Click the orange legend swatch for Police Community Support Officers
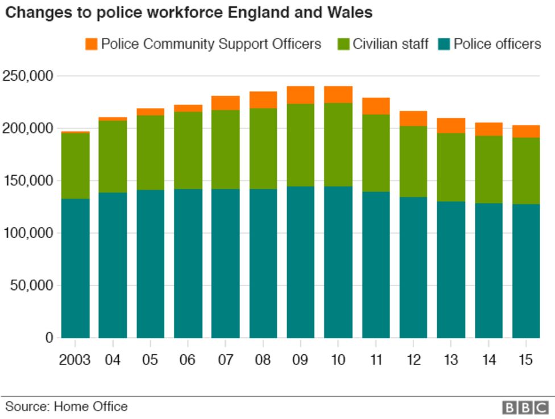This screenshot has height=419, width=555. pyautogui.click(x=91, y=44)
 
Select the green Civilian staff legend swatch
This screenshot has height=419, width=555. pyautogui.click(x=343, y=44)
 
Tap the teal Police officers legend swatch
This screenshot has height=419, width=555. pyautogui.click(x=444, y=44)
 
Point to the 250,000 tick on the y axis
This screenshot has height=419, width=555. pyautogui.click(x=28, y=76)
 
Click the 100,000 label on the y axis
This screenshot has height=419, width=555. pyautogui.click(x=28, y=233)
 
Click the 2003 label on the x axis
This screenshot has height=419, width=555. pyautogui.click(x=75, y=360)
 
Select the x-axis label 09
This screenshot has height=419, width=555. pyautogui.click(x=300, y=360)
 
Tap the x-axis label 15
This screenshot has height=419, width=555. pyautogui.click(x=525, y=360)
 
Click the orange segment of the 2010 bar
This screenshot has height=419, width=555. pyautogui.click(x=338, y=94)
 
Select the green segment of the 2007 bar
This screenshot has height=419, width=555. pyautogui.click(x=225, y=149)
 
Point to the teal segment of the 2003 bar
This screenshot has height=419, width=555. pyautogui.click(x=75, y=267)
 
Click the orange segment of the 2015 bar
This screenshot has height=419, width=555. pyautogui.click(x=525, y=131)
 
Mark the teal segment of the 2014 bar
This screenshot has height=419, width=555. pyautogui.click(x=488, y=270)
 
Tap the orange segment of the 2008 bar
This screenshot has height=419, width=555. pyautogui.click(x=263, y=99)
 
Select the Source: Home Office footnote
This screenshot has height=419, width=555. pyautogui.click(x=67, y=406)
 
